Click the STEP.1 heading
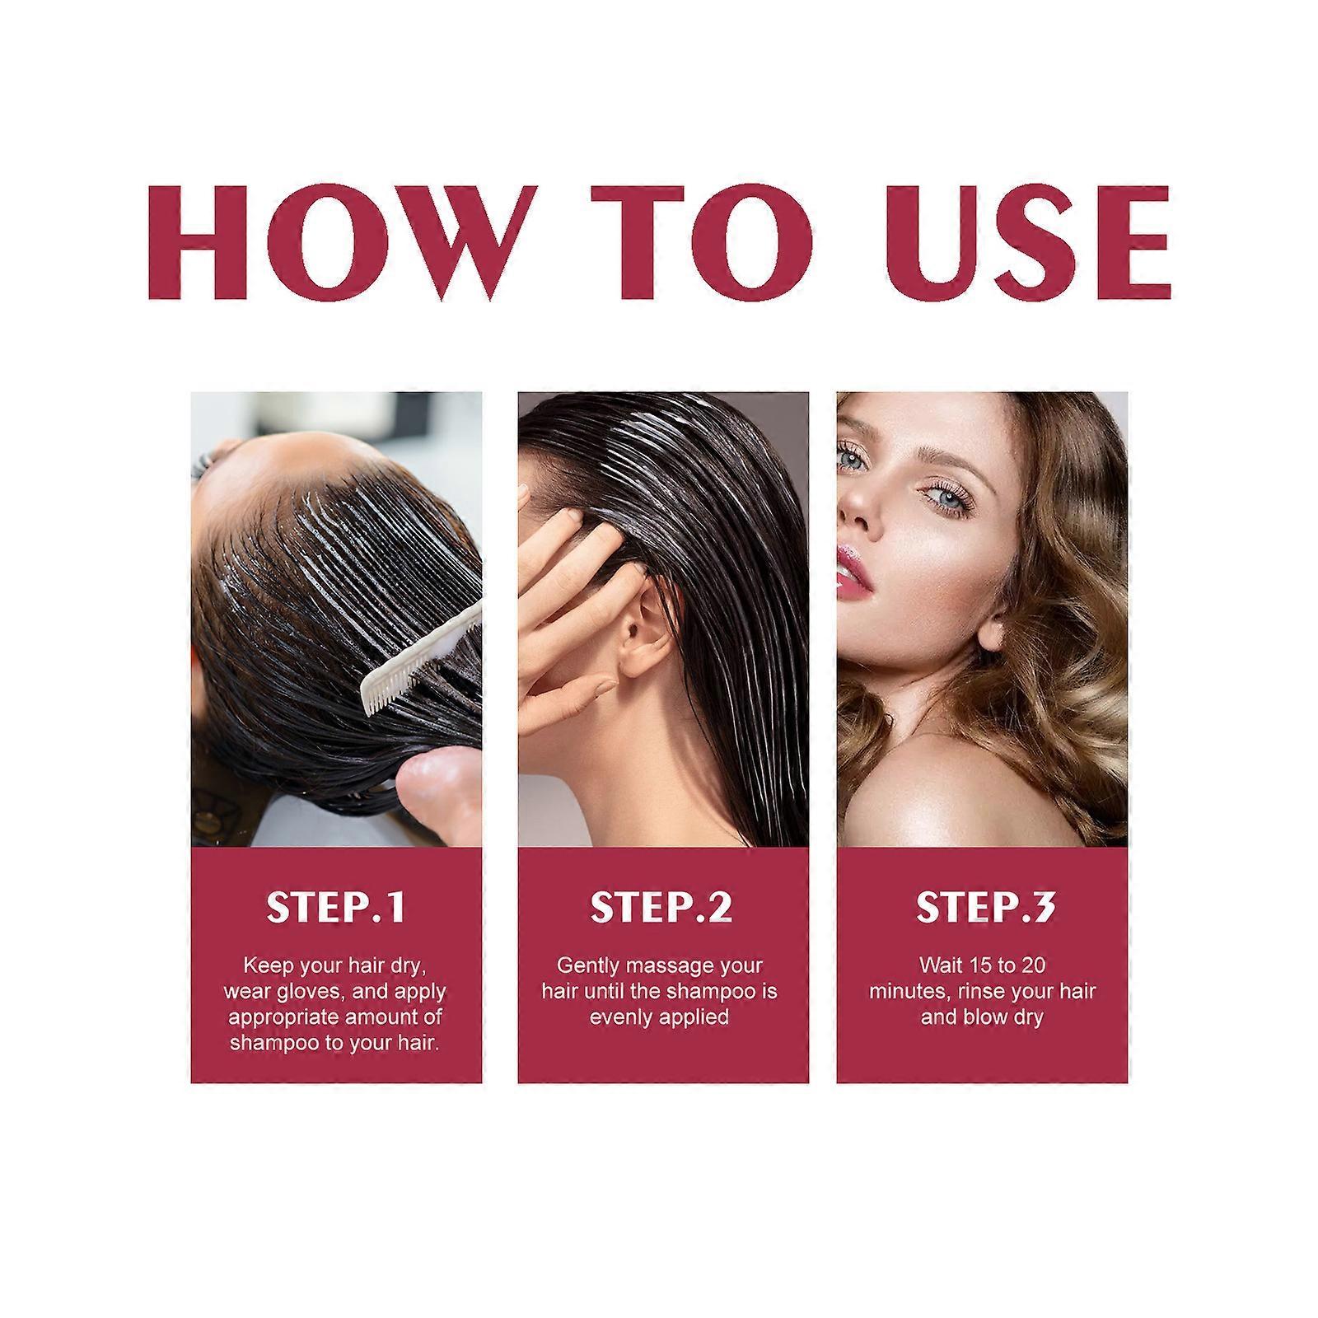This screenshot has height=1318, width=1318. coord(336,907)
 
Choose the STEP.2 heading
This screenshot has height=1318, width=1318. coord(661,907)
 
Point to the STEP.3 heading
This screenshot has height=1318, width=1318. coord(985,907)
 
